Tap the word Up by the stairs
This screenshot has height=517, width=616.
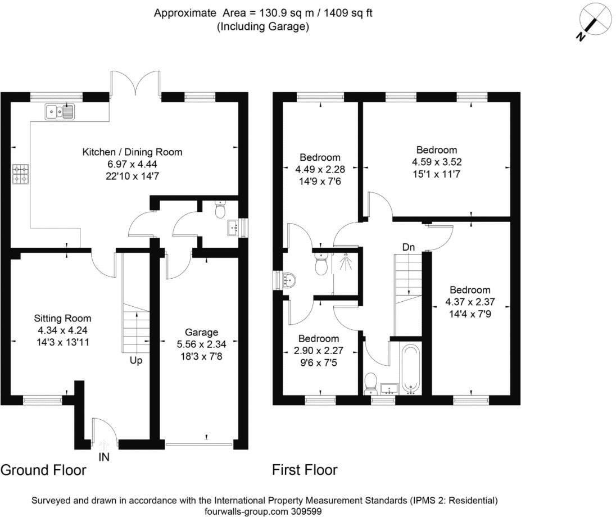click(136, 360)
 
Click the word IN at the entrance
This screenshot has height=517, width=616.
click(104, 457)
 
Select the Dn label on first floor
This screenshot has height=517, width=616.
click(409, 247)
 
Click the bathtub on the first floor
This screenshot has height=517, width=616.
click(410, 369)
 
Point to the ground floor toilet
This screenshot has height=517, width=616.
click(221, 210)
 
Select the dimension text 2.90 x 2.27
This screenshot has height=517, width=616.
click(319, 350)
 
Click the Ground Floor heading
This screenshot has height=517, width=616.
click(44, 470)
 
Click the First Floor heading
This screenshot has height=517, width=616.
click(305, 470)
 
